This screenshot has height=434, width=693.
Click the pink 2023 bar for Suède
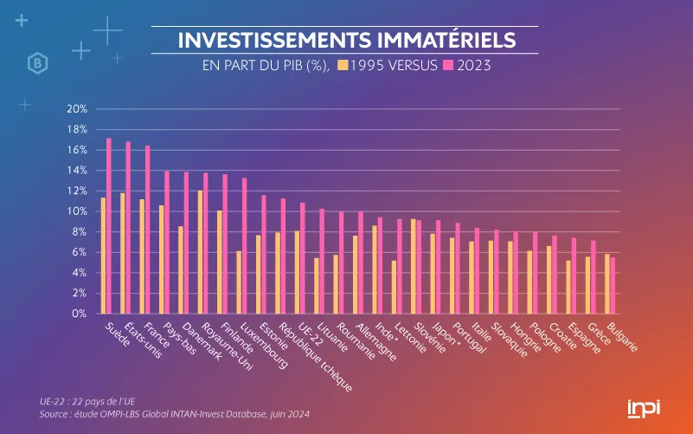pos(109,226)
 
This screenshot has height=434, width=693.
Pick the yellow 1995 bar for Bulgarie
pos(606,284)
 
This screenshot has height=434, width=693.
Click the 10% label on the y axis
pos(77,211)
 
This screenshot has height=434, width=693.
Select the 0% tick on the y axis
pos(79,314)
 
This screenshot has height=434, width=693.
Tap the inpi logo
pos(643,408)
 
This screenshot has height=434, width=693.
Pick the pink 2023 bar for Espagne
pos(574,275)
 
